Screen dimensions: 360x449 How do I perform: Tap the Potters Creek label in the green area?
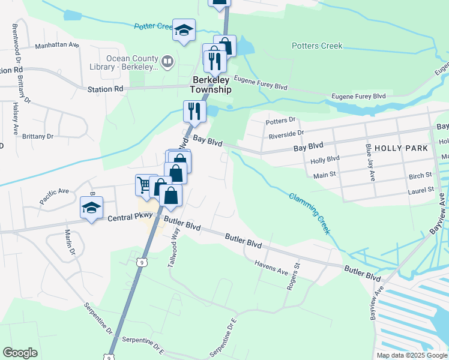tap(316, 46)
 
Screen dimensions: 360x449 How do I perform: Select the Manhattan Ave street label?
tap(57, 45)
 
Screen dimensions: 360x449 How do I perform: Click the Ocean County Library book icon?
tap(168, 60)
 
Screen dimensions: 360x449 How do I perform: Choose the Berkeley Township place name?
tap(211, 85)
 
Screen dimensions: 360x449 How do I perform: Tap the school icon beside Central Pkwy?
tap(91, 208)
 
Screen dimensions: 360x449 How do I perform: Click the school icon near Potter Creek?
tap(184, 29)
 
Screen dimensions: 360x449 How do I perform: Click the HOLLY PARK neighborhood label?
tap(401, 148)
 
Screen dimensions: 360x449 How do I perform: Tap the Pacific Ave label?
tap(55, 196)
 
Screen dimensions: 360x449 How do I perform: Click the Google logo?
tap(20, 353)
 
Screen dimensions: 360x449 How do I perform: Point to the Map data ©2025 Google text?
tap(411, 355)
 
